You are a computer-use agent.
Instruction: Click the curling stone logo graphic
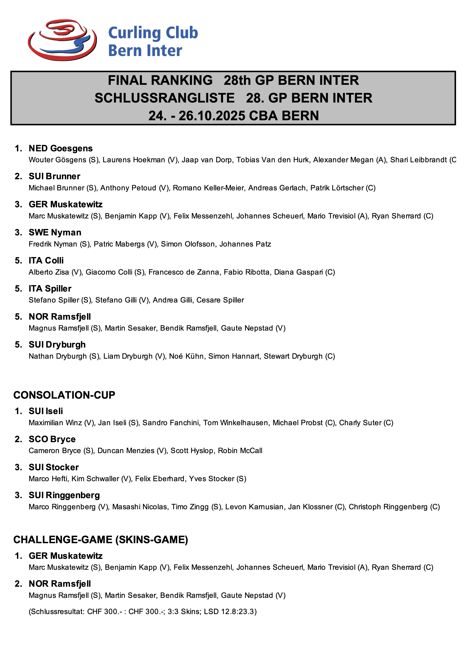pos(62,40)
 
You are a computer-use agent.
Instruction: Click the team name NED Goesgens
pos(61,148)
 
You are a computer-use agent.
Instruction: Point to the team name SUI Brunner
pos(55,176)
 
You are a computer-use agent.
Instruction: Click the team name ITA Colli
pos(46,260)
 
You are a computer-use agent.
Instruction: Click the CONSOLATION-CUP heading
pos(64,395)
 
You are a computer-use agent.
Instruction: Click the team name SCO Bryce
pos(52,439)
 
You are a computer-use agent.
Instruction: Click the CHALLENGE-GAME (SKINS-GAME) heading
pos(101,539)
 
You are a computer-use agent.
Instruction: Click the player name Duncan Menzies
pos(126,450)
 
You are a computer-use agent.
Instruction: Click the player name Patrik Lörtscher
pos(337,188)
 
